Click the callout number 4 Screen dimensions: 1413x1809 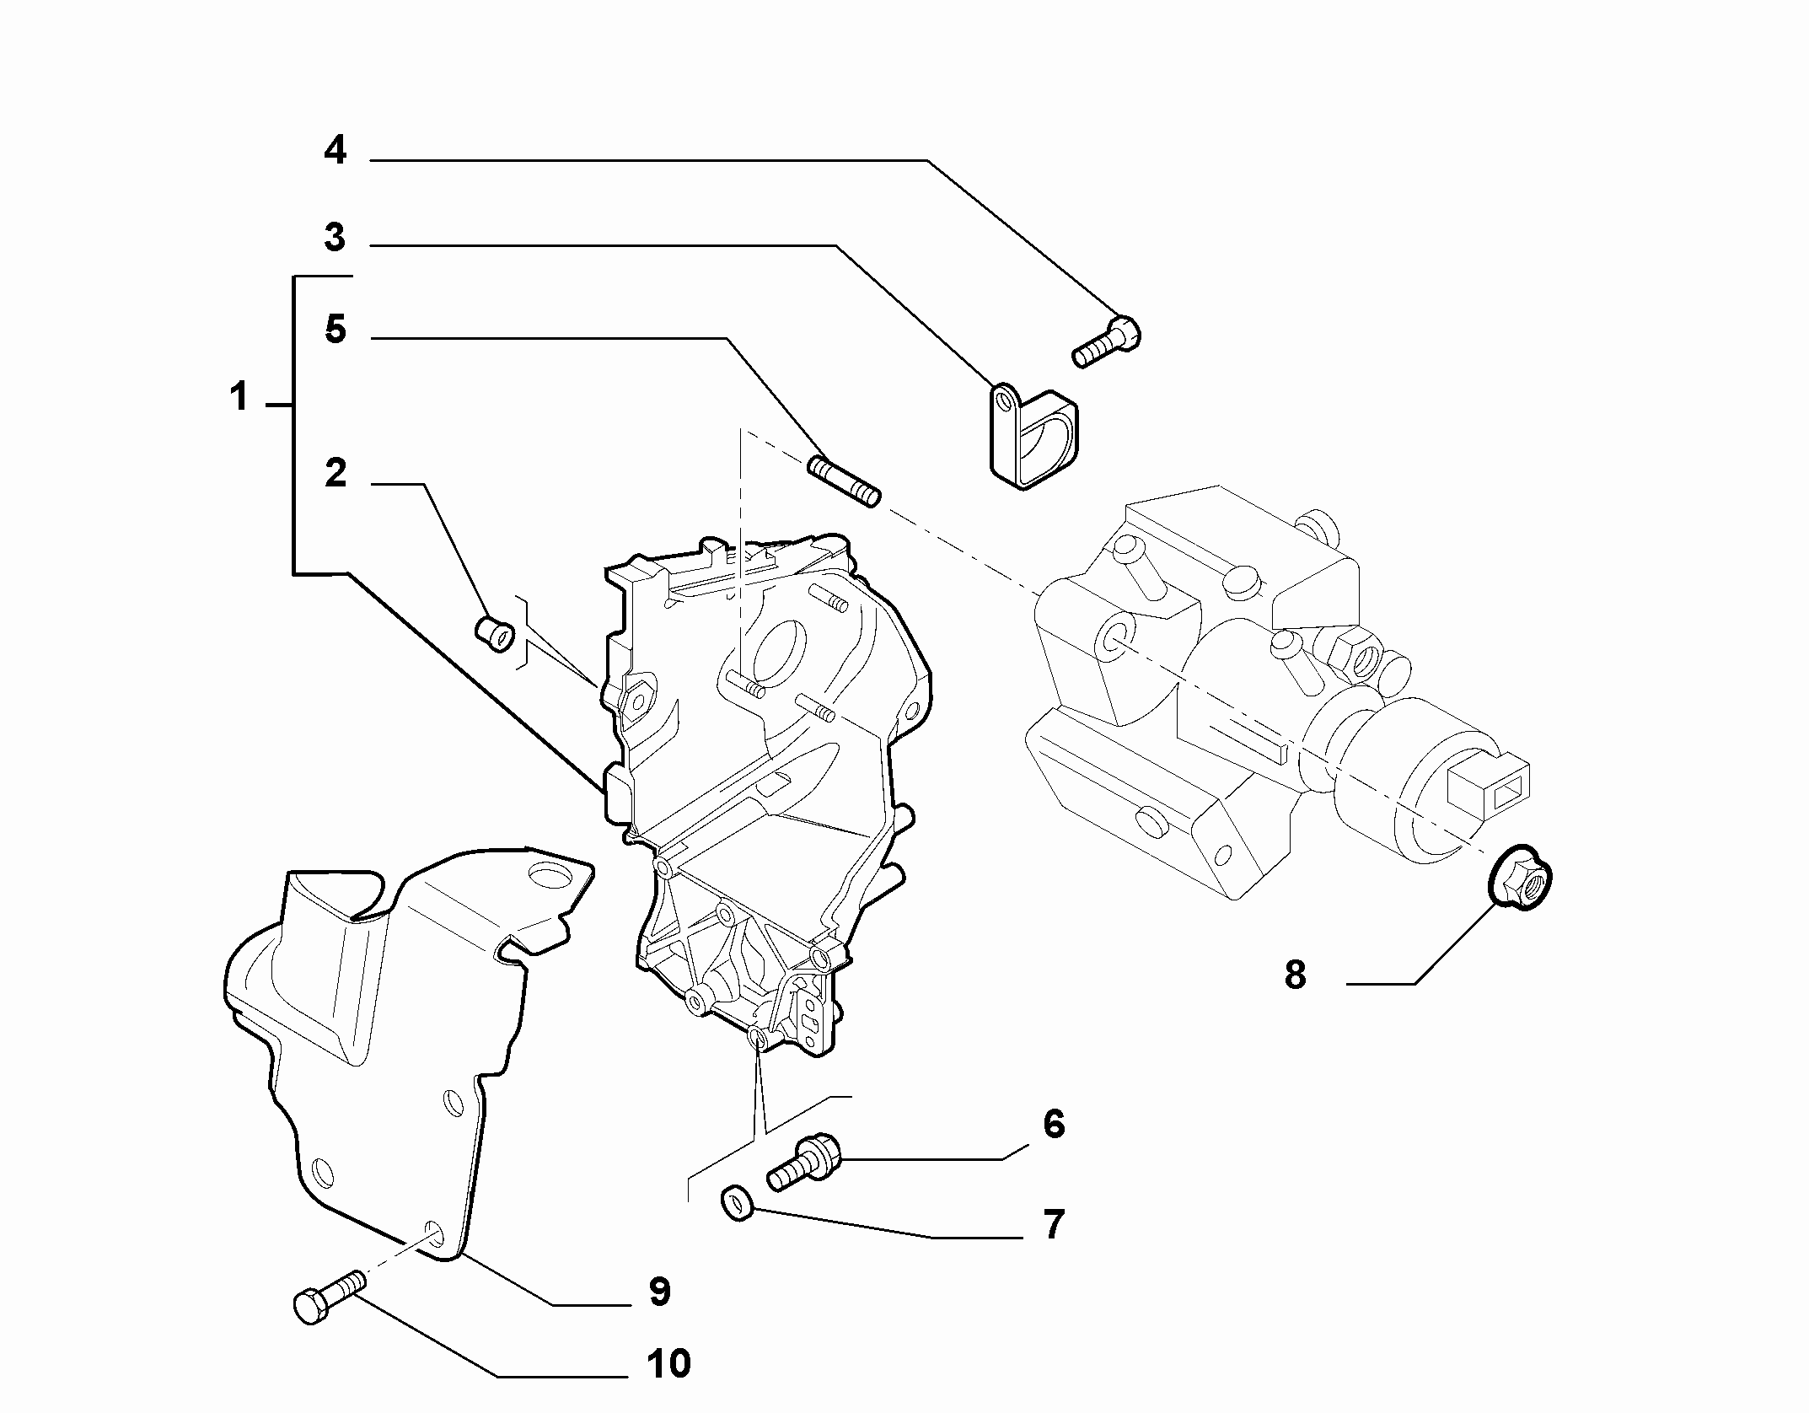click(x=335, y=151)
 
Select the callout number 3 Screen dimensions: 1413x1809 click(x=335, y=238)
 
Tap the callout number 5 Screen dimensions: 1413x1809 click(x=335, y=329)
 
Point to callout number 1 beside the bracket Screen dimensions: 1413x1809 click(x=239, y=396)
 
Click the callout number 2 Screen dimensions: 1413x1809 click(x=335, y=474)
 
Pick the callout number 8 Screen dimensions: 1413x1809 click(x=1295, y=975)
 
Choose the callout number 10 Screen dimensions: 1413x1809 click(x=668, y=1363)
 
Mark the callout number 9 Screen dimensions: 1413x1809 click(x=659, y=1292)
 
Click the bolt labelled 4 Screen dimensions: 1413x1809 click(x=1106, y=342)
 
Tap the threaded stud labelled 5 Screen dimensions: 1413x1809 click(x=844, y=481)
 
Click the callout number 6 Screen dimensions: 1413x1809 click(x=1054, y=1124)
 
